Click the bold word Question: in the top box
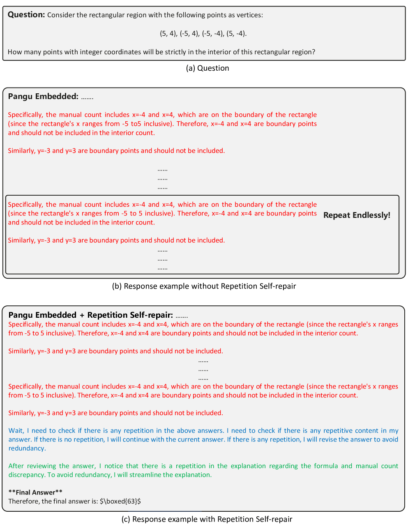26,15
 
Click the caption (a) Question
207,68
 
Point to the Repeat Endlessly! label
357,215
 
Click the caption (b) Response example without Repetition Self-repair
204,286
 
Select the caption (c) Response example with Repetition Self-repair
207,519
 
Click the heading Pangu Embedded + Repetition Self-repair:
90,315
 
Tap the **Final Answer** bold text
35,492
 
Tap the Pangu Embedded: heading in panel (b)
43,97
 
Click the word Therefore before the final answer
23,501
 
